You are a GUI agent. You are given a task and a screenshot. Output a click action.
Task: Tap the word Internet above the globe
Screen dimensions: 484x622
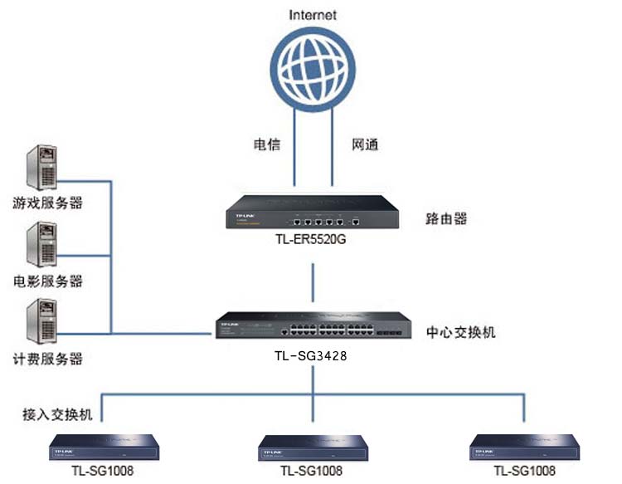point(312,15)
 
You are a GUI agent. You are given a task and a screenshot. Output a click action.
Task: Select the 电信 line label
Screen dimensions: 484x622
point(266,144)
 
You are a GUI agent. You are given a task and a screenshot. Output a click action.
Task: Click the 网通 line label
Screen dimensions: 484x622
point(365,144)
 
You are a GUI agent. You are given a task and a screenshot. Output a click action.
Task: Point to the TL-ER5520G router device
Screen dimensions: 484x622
point(311,212)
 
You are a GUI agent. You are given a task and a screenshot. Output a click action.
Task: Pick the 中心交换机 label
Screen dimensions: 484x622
point(461,332)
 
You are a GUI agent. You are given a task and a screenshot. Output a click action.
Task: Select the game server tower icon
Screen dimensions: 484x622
point(41,168)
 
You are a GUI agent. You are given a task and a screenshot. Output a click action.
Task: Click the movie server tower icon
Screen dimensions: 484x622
point(41,247)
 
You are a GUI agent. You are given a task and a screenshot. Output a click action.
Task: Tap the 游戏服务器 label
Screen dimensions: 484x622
point(47,203)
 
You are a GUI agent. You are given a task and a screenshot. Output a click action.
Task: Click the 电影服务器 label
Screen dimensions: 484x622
point(47,281)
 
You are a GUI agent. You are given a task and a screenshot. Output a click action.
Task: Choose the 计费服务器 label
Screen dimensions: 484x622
point(47,359)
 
